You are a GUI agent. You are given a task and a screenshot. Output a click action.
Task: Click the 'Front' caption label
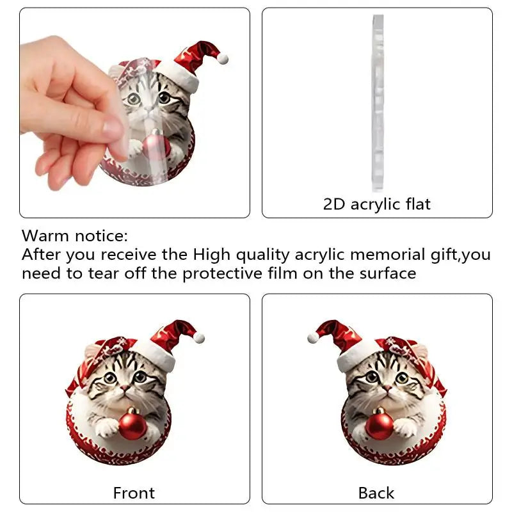pos(134,493)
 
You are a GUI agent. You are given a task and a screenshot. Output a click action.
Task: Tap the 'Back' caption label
pos(376,493)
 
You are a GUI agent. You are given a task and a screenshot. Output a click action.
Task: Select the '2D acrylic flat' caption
pos(377,204)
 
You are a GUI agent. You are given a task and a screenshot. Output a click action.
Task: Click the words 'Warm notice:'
pos(75,236)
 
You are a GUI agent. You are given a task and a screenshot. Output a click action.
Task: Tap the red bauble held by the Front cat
pos(133,426)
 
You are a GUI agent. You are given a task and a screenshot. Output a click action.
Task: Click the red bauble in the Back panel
pos(379,424)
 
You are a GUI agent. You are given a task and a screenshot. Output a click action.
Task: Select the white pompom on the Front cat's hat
pos(199,337)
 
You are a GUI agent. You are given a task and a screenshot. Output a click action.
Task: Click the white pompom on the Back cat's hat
pos(313,337)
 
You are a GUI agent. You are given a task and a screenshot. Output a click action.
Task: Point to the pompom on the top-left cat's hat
pos(223,58)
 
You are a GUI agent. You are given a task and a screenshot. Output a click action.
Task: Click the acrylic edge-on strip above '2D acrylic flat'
pos(378,102)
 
